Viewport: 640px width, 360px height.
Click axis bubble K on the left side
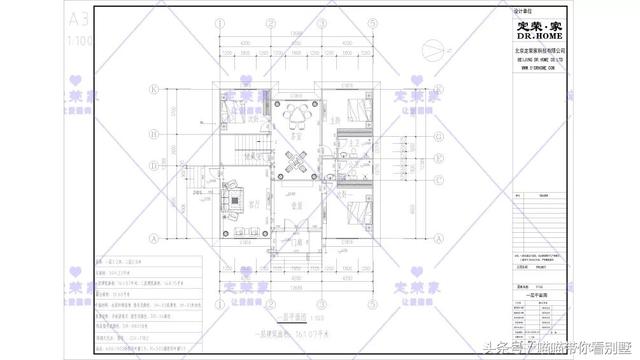[x=154, y=87]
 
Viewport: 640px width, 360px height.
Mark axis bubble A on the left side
[x=154, y=240]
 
